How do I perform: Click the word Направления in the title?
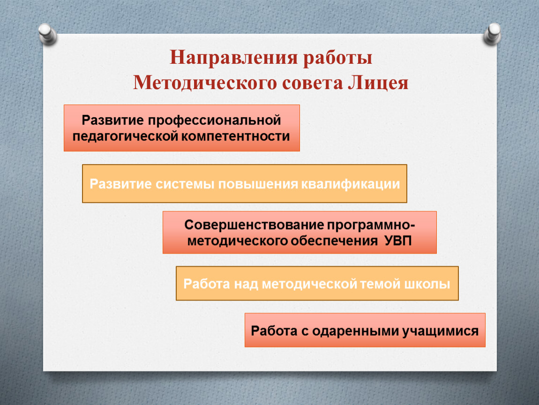[233, 57]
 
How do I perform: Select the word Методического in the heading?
[205, 83]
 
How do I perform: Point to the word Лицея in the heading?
[378, 83]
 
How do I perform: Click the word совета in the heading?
[312, 83]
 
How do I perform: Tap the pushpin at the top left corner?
[47, 34]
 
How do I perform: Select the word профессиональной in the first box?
[215, 120]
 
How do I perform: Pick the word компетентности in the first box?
[235, 136]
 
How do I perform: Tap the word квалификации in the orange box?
[351, 184]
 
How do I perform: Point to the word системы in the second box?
[185, 184]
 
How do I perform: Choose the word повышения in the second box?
[258, 184]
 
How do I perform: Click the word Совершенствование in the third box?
[255, 225]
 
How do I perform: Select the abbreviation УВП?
[398, 240]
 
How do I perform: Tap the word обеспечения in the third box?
[334, 241]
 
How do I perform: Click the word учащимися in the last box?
[441, 331]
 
